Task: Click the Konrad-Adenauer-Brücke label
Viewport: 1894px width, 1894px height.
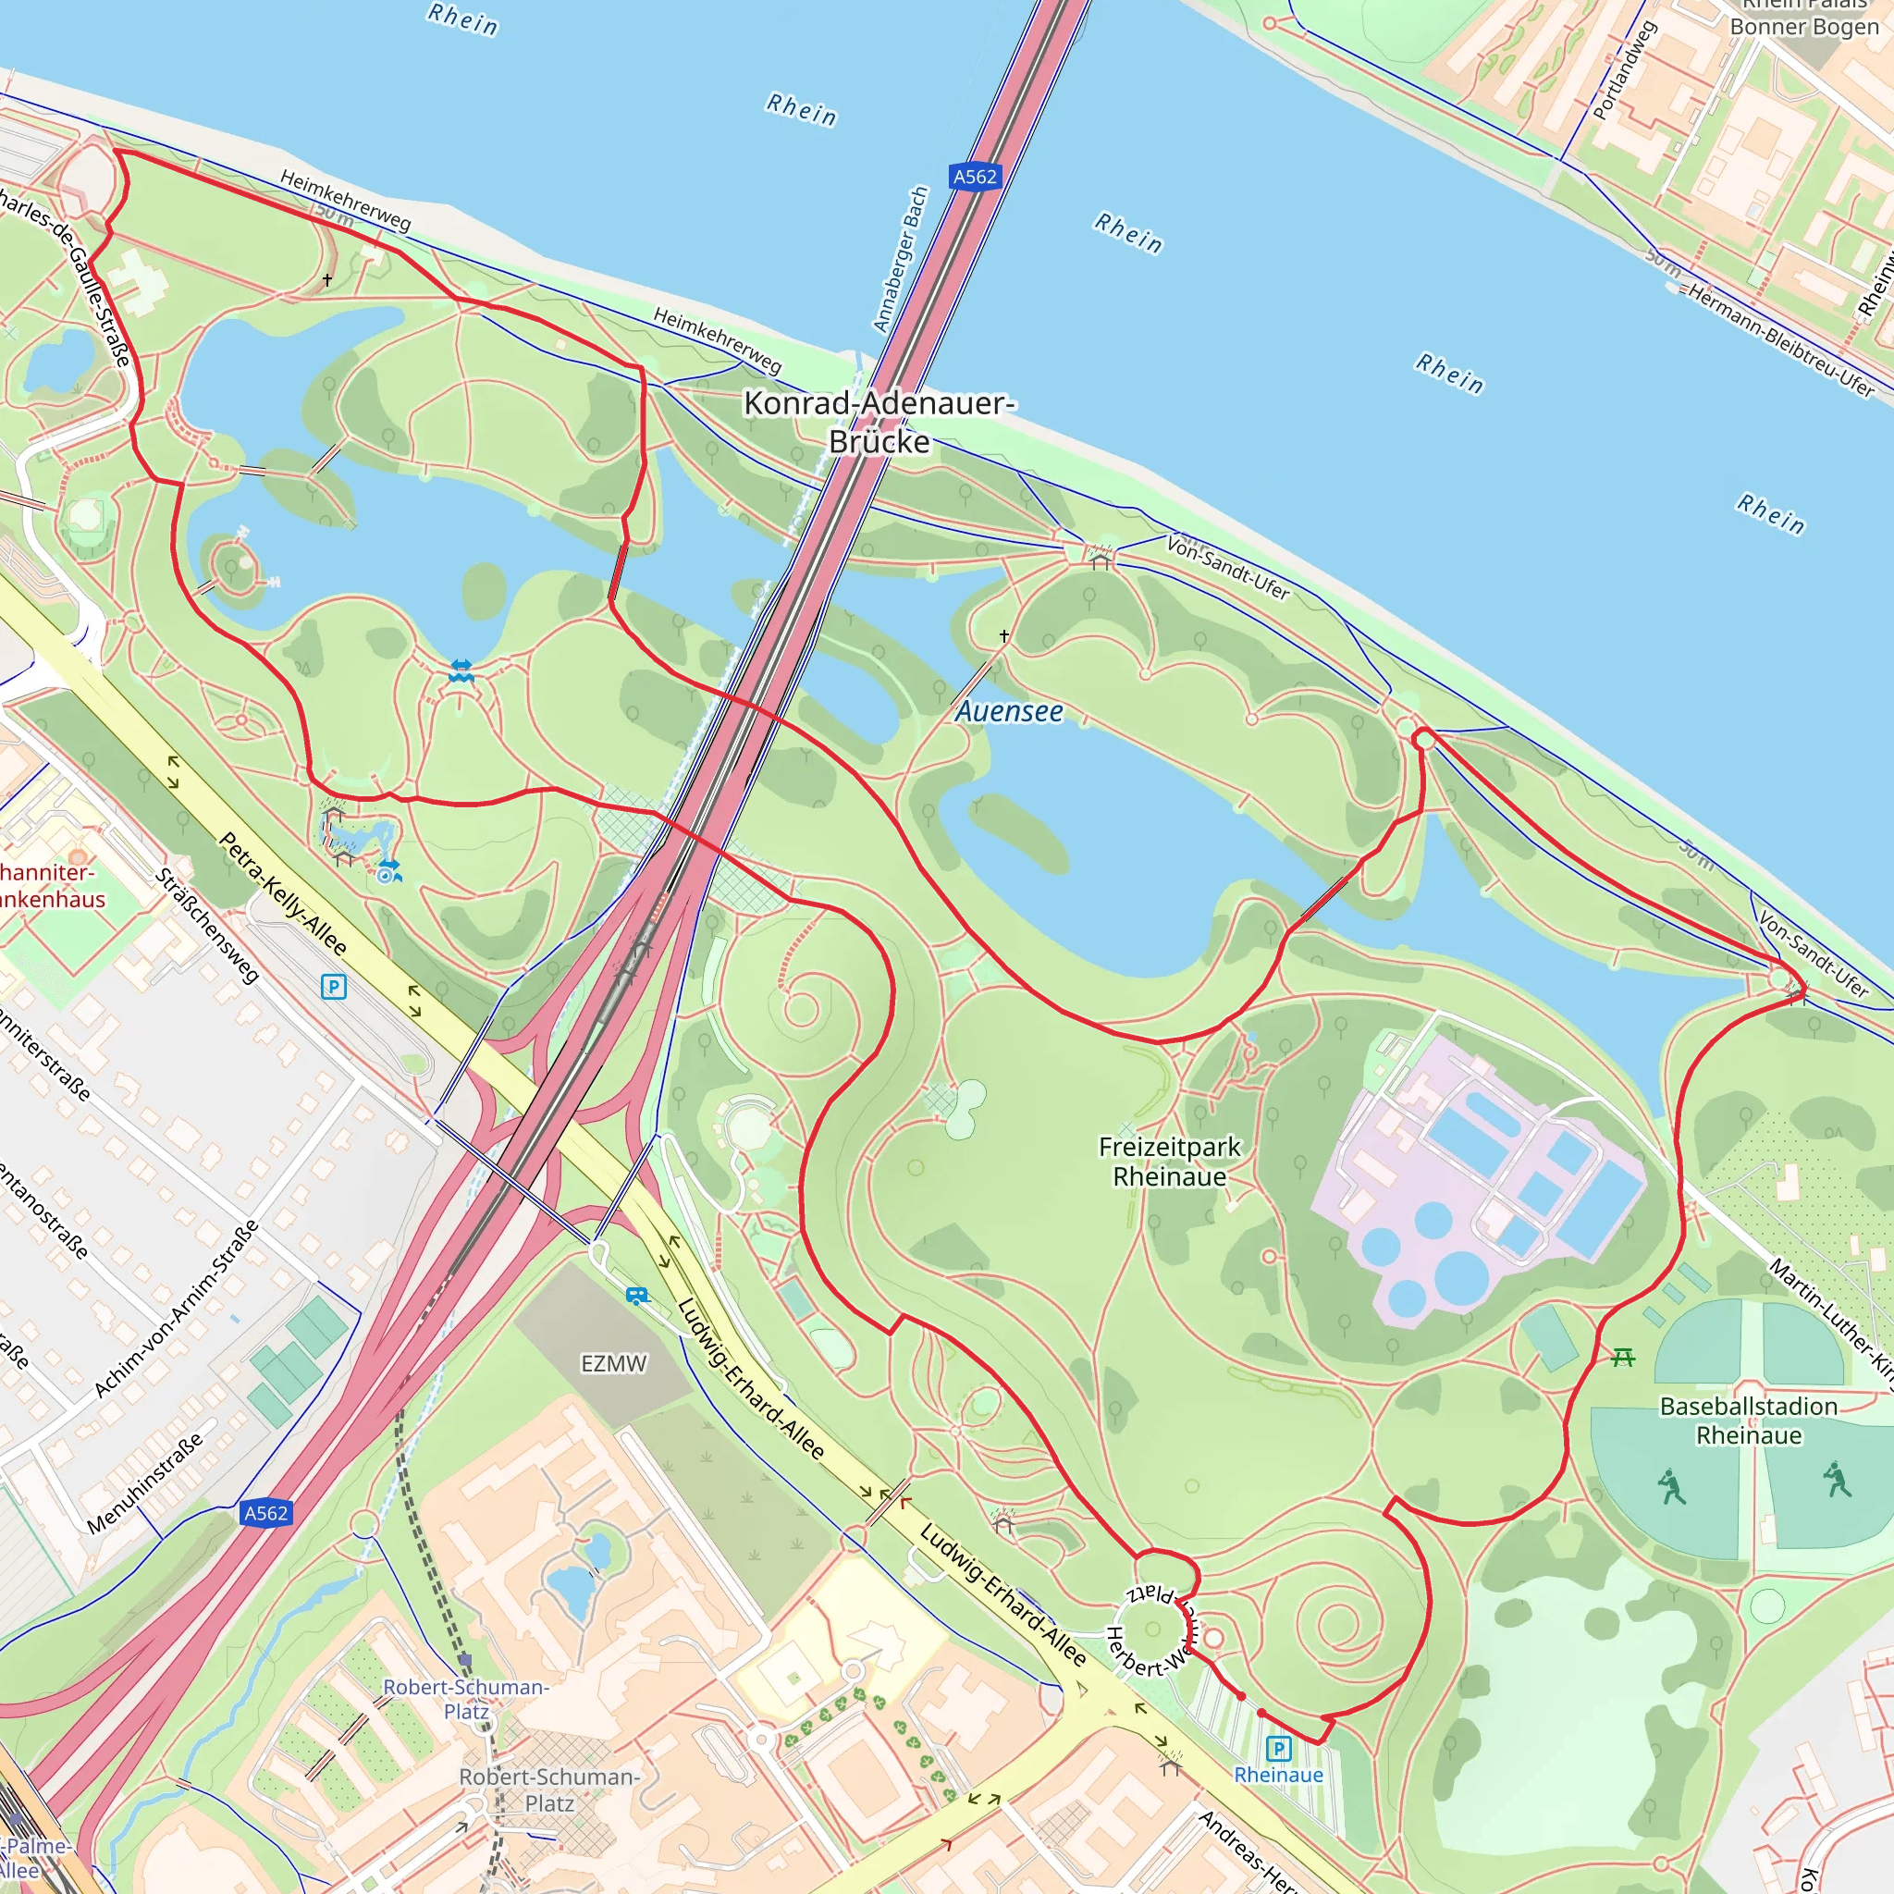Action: pos(879,422)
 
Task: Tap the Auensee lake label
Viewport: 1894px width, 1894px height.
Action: pos(1009,712)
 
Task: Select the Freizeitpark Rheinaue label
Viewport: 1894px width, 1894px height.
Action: pos(1169,1162)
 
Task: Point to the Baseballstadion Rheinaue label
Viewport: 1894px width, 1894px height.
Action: pos(1748,1420)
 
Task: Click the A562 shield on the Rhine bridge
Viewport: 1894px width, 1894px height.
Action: pos(975,177)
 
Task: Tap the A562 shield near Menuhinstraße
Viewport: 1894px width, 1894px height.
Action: pos(265,1513)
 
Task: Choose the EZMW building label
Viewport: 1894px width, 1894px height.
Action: pos(614,1364)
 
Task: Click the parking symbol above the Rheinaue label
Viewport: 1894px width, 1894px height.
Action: pos(1277,1748)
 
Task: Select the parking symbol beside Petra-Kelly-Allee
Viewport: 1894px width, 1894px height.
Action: pos(333,986)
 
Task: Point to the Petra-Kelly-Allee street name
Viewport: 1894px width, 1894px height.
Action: pos(282,894)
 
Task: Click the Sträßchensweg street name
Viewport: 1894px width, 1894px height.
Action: pos(207,925)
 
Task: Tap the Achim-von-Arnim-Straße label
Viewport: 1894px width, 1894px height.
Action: pos(177,1308)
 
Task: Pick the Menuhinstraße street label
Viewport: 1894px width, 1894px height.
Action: pos(145,1482)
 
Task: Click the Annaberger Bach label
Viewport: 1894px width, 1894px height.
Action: pos(900,260)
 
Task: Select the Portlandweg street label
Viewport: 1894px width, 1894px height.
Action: pos(1623,70)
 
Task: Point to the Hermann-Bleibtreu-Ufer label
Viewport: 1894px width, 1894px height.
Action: pos(1779,339)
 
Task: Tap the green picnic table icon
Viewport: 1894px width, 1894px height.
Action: pos(1623,1358)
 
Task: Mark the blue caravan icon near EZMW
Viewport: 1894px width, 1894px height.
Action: pos(637,1296)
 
